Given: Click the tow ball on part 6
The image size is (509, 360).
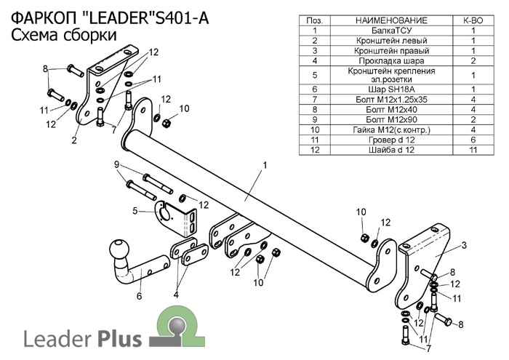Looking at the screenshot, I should (x=117, y=251).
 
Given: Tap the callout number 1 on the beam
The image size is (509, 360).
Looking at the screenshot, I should (x=265, y=165).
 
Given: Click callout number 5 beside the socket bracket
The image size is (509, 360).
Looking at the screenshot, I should (x=135, y=212).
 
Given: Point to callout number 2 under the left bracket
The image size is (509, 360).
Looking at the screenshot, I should (x=74, y=140).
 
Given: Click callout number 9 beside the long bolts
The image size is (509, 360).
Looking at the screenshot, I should (x=116, y=165).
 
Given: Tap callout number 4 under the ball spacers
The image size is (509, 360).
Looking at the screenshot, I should (x=175, y=295).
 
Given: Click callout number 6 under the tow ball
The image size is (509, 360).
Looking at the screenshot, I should (x=139, y=295).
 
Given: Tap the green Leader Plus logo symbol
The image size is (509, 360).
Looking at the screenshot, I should (x=175, y=325).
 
